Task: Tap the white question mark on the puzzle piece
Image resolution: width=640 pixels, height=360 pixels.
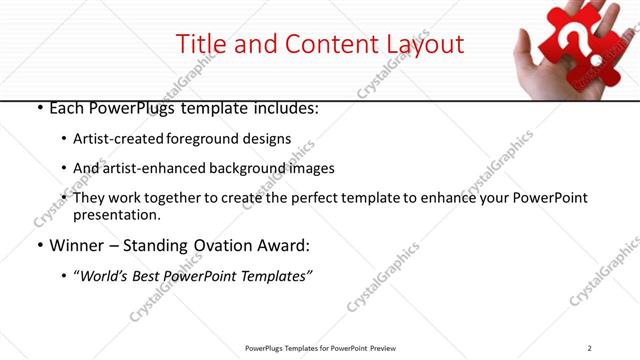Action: (x=575, y=43)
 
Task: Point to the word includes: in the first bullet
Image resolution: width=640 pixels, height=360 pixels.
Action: (x=284, y=107)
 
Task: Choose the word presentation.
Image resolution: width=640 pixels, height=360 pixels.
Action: (x=117, y=215)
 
